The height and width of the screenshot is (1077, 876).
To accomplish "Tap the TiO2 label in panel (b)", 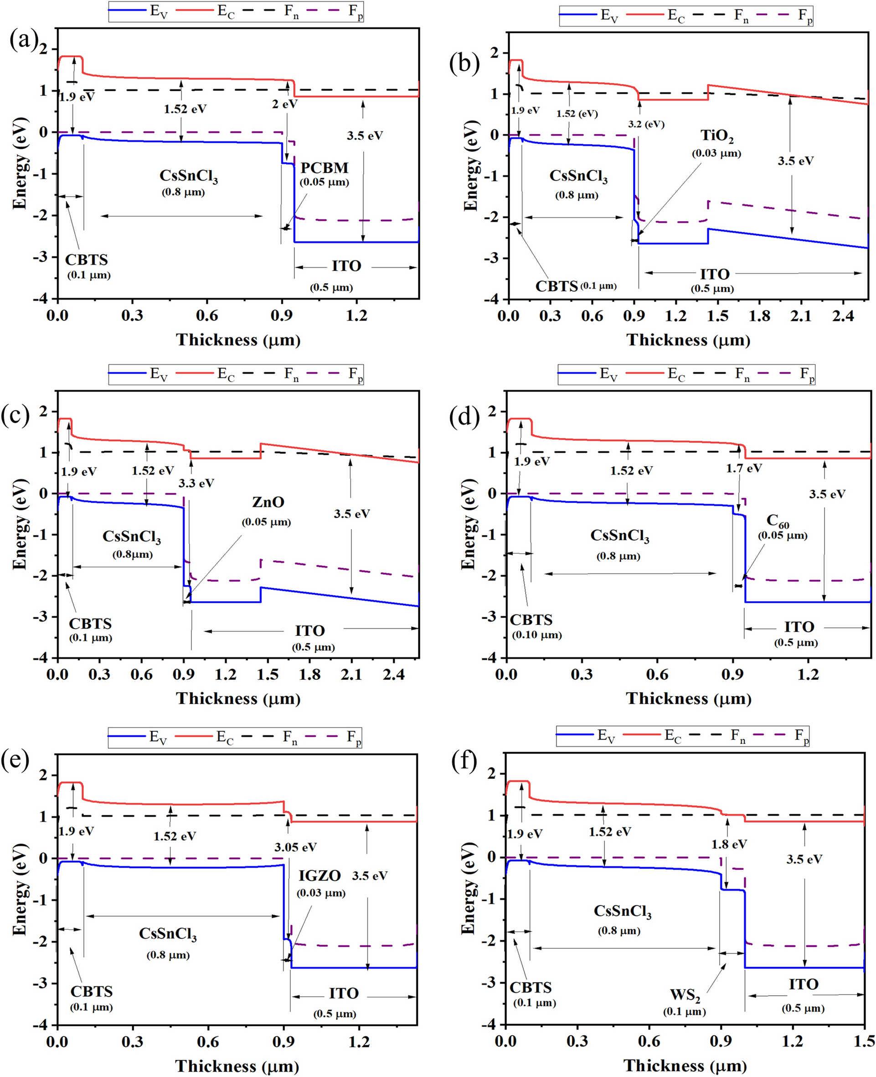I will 716,136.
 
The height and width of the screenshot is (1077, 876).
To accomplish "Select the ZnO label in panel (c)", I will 268,502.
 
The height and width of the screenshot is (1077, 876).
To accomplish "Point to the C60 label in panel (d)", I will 778,520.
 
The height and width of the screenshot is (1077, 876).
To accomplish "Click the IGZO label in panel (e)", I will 319,875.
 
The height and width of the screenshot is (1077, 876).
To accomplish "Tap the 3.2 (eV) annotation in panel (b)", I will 646,124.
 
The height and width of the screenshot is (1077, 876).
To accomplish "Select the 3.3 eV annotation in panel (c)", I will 196,483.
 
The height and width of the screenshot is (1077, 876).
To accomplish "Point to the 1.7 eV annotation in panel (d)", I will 744,468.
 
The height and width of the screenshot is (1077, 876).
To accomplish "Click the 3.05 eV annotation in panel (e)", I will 296,847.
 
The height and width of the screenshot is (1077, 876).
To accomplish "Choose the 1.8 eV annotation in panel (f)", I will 729,844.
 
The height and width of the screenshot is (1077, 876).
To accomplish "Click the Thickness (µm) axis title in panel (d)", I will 689,698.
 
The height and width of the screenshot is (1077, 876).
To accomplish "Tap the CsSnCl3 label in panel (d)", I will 620,535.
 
